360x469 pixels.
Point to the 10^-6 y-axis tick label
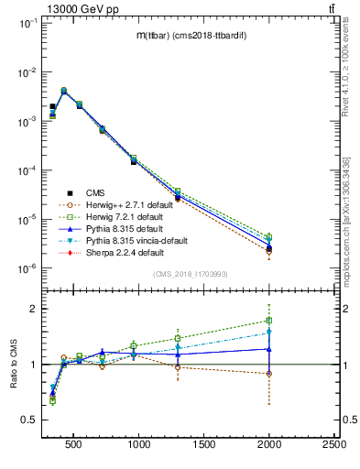[27, 268]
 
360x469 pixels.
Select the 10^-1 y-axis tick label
[27, 23]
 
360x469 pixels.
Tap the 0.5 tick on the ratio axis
[28, 420]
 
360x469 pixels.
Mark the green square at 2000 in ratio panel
[269, 321]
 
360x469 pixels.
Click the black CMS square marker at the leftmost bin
[52, 106]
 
